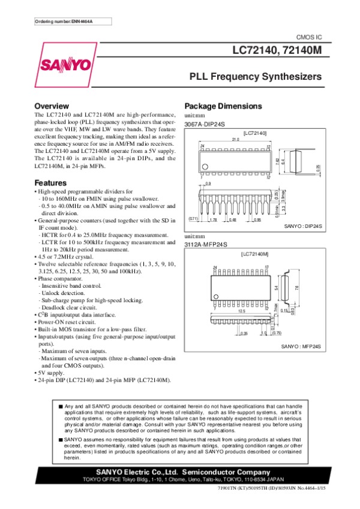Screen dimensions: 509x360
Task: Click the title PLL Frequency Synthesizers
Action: click(256, 77)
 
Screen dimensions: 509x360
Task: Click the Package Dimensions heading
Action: click(223, 106)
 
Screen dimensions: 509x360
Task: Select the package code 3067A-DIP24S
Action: click(204, 124)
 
